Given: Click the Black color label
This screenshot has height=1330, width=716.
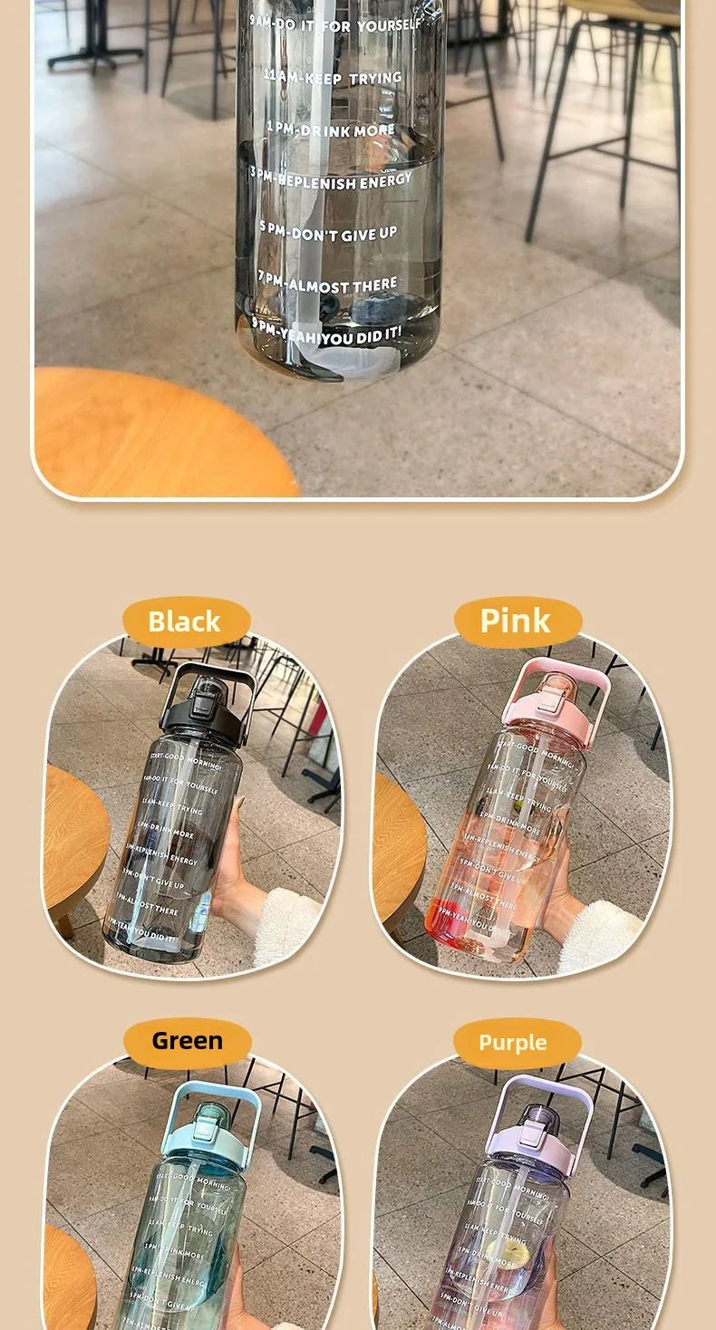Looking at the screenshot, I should click(x=185, y=622).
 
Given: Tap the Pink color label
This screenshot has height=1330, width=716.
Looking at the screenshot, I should click(x=516, y=621).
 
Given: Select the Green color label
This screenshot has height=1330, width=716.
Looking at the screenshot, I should click(x=188, y=1041).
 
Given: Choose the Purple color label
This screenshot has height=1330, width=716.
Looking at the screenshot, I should click(x=513, y=1043).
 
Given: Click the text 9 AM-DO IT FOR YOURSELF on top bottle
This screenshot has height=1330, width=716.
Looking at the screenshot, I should click(x=335, y=24).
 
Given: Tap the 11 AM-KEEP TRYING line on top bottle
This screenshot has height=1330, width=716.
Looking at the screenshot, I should click(x=333, y=79).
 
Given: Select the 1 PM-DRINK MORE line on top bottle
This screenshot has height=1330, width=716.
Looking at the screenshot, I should click(x=331, y=130).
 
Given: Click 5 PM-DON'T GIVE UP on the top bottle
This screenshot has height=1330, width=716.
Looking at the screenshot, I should click(x=329, y=234).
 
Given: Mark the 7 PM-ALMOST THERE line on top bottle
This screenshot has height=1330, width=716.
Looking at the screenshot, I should click(x=328, y=286).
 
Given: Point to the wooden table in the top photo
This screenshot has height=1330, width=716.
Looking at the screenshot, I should click(x=154, y=435).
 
